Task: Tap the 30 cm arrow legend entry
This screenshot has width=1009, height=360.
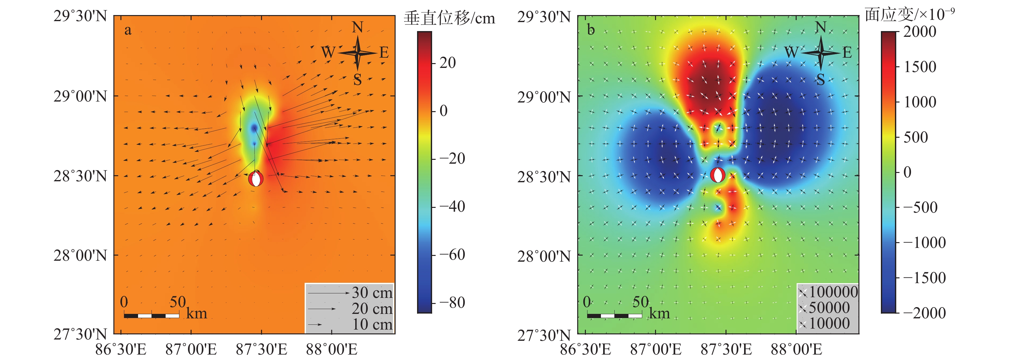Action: pyautogui.click(x=349, y=293)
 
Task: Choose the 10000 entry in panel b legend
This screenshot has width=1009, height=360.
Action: pyautogui.click(x=824, y=323)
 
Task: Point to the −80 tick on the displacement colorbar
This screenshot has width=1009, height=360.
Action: pyautogui.click(x=452, y=302)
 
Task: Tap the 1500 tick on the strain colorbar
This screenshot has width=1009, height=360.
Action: pyautogui.click(x=920, y=67)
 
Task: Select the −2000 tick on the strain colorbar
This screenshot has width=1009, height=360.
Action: pyautogui.click(x=924, y=313)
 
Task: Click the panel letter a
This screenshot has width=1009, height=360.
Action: pyautogui.click(x=128, y=30)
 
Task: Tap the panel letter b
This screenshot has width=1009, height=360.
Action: pyautogui.click(x=591, y=30)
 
